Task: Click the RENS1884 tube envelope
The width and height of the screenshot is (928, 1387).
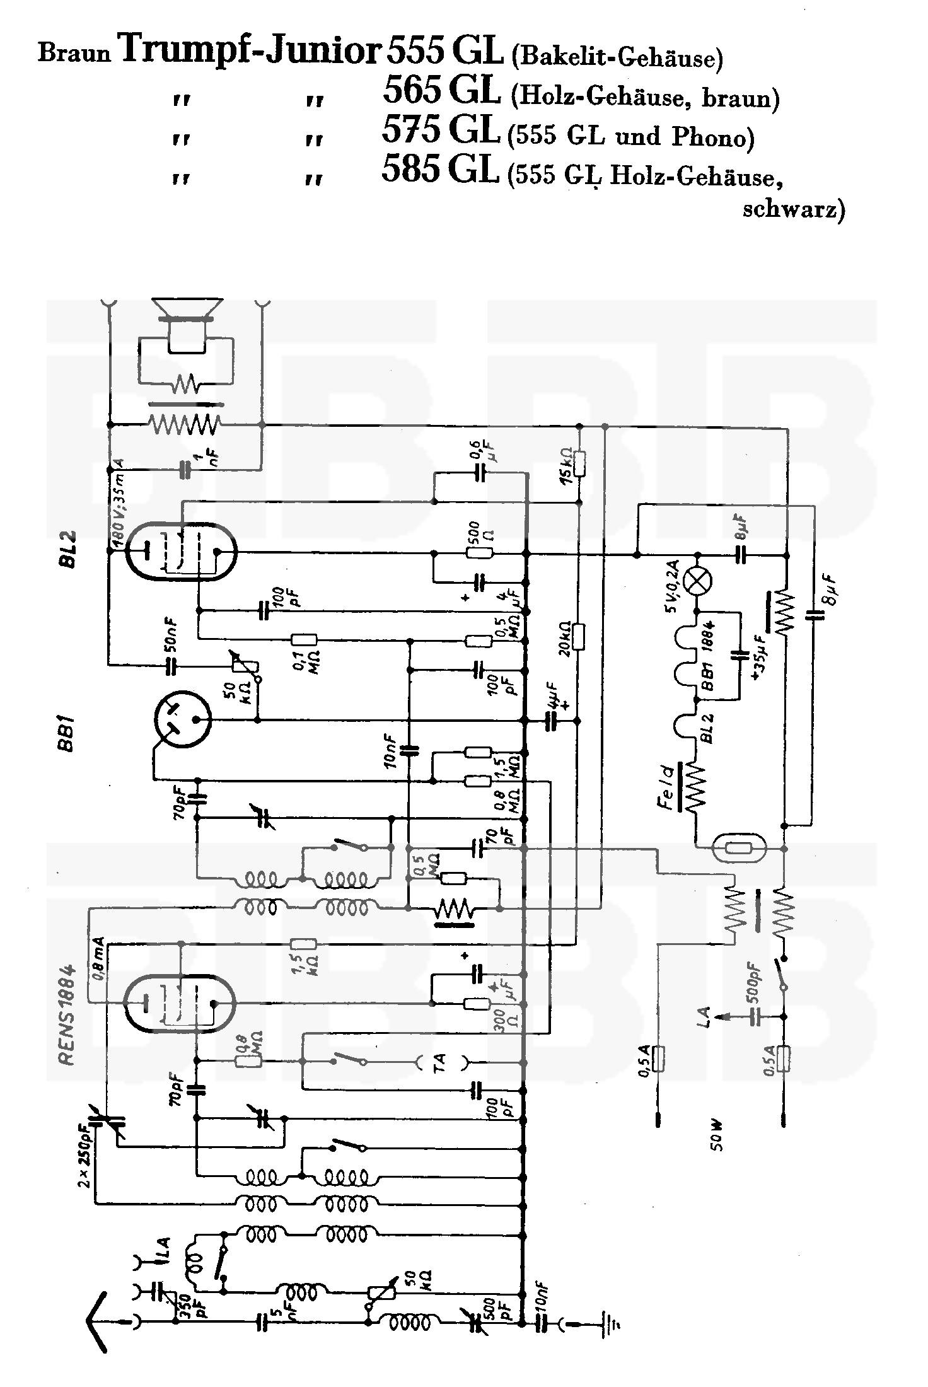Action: [x=180, y=1003]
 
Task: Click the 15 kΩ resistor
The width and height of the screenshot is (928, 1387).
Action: [x=580, y=463]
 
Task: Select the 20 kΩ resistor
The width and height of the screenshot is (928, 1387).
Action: [x=579, y=636]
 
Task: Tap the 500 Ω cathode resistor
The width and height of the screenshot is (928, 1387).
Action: [x=479, y=554]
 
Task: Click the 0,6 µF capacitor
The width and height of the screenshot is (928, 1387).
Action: [x=480, y=472]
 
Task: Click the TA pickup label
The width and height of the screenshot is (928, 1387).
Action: [x=439, y=1062]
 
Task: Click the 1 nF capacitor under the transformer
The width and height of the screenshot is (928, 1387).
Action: [x=185, y=468]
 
